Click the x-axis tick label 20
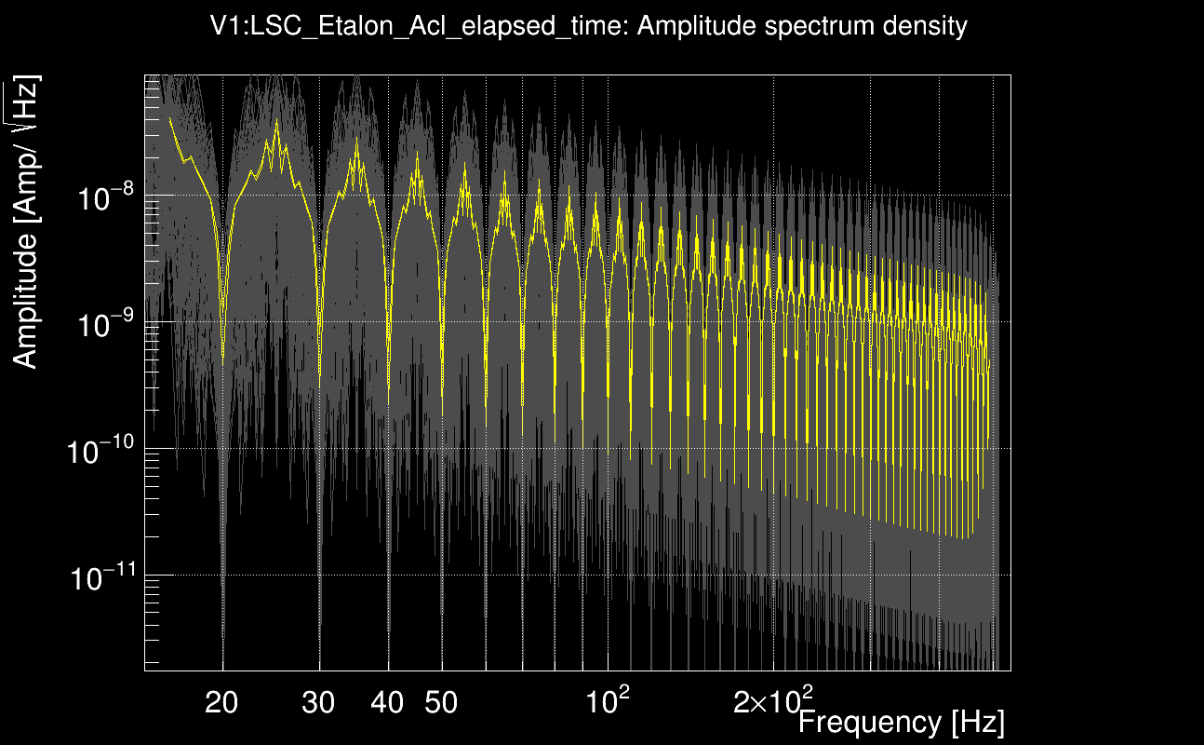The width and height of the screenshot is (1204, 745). point(221,702)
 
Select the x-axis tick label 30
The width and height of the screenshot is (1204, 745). point(318,702)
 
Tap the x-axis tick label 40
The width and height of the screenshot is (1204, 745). point(387,702)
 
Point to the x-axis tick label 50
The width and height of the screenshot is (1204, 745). point(441,702)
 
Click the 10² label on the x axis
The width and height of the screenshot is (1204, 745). point(609,699)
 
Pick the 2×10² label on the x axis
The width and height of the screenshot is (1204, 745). point(773,699)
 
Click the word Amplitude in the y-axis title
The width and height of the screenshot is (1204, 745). point(26,298)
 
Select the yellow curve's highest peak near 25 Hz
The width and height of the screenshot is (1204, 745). point(276,122)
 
